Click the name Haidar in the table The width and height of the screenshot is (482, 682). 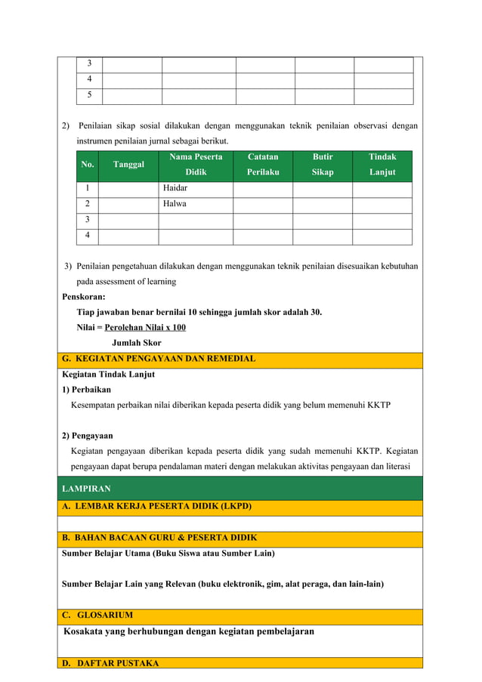(x=175, y=188)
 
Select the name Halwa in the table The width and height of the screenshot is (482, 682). (x=175, y=204)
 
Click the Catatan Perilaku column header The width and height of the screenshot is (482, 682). (x=262, y=165)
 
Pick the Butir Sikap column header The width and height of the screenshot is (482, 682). (x=323, y=165)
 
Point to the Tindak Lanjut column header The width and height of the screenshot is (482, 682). (x=382, y=165)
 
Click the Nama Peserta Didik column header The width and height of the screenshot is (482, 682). (x=196, y=165)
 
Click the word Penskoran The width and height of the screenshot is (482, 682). (x=84, y=297)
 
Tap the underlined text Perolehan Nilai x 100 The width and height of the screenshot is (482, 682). (x=145, y=327)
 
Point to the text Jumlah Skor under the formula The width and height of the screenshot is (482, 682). (x=136, y=343)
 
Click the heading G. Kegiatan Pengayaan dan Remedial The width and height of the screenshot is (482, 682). (x=159, y=359)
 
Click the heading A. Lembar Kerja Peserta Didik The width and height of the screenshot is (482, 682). (x=157, y=506)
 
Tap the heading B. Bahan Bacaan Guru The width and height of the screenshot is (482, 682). (x=159, y=538)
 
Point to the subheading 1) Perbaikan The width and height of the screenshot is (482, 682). (x=86, y=390)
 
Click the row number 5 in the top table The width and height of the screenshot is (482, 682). (x=89, y=95)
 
